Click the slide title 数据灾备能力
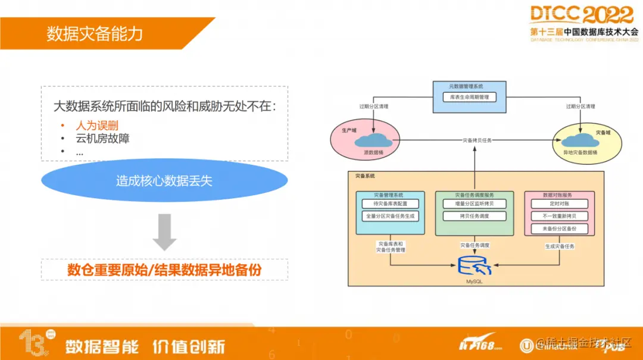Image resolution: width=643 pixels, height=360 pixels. coord(95,33)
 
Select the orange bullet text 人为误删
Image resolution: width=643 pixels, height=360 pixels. coord(97,126)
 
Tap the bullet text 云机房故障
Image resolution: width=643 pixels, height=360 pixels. coord(102,139)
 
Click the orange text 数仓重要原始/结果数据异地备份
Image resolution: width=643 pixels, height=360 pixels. coord(164,270)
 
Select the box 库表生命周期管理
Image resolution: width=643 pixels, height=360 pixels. coord(470,97)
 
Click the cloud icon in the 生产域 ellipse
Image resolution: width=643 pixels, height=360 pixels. coord(373,140)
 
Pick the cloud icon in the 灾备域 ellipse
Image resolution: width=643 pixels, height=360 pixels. coord(578,141)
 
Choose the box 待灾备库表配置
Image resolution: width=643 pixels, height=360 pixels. coord(390,204)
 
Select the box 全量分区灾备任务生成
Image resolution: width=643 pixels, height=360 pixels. coord(390,217)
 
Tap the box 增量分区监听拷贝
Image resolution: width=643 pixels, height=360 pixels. coord(475,204)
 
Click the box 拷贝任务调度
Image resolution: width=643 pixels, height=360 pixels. coord(475,217)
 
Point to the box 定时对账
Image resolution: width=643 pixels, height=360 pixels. coord(559,204)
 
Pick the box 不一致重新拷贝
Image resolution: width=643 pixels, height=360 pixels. coord(559,217)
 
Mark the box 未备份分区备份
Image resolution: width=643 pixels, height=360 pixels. coord(559,229)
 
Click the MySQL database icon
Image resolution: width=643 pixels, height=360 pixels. coord(475,265)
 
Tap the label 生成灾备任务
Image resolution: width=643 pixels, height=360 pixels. coord(560,246)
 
